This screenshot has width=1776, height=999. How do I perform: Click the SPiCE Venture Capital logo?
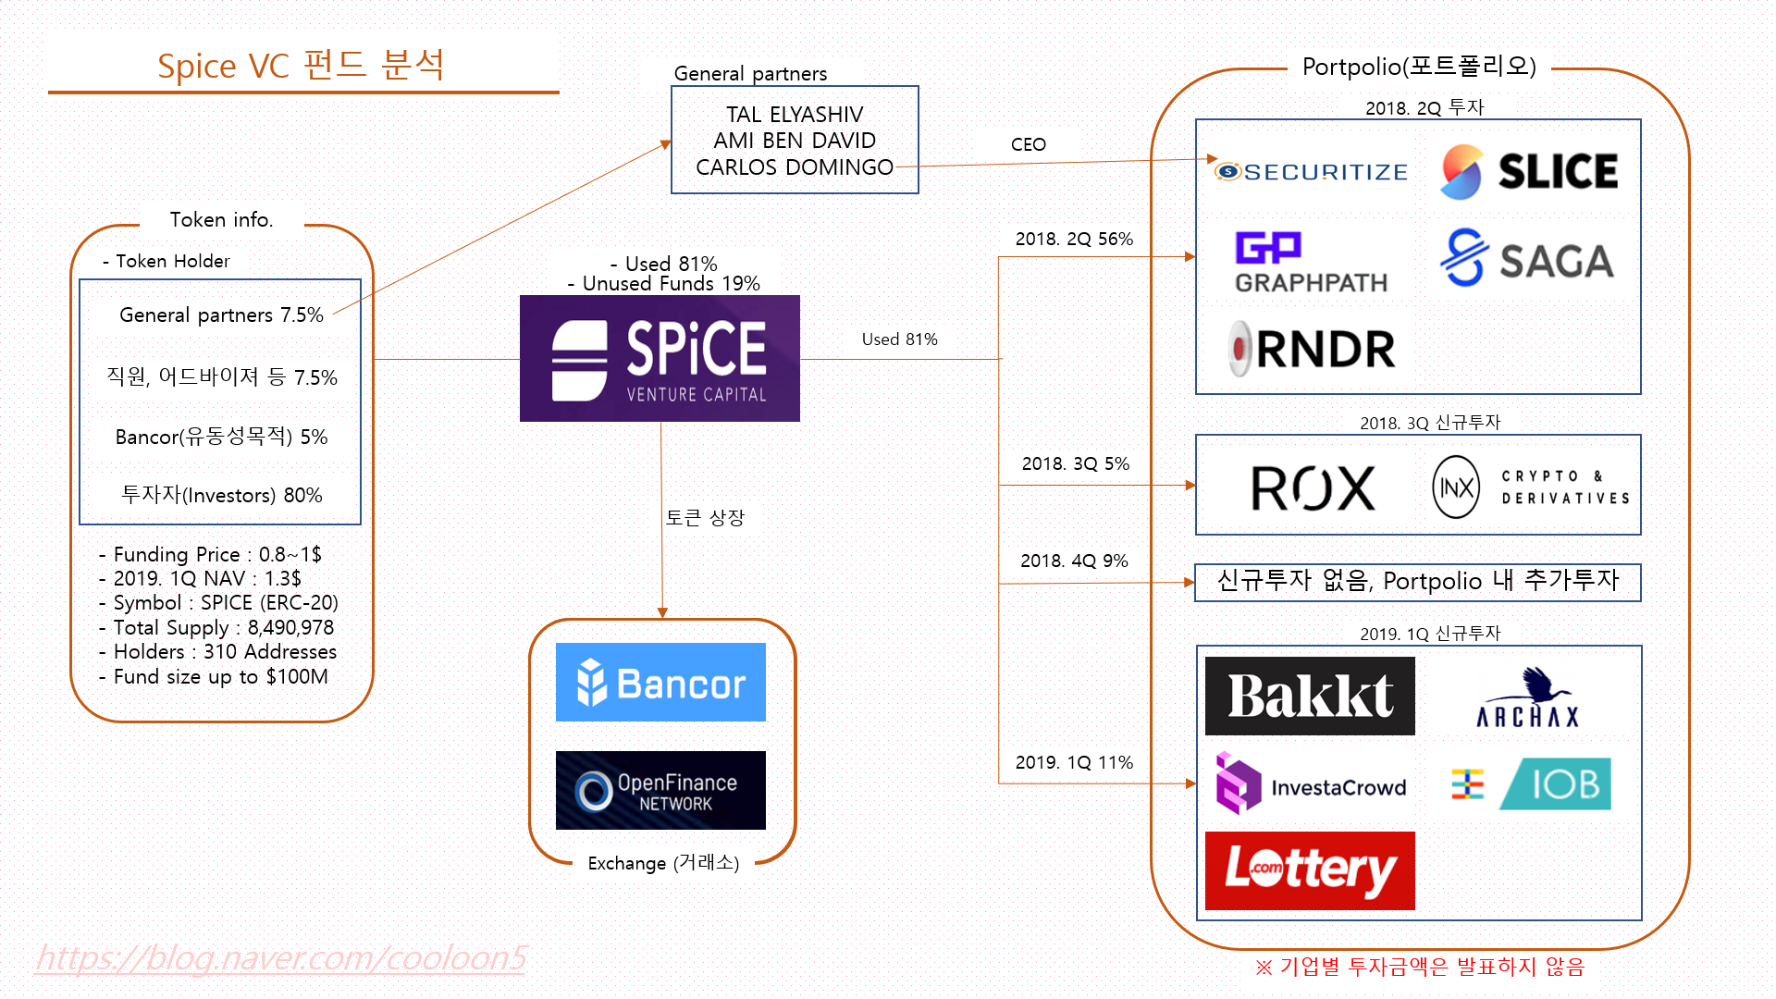[660, 359]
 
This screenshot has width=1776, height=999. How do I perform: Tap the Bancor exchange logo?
[660, 683]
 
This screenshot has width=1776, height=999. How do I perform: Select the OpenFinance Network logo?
[660, 791]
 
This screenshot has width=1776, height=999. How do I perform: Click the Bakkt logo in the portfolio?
[1310, 697]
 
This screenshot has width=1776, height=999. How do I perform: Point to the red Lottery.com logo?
[1310, 870]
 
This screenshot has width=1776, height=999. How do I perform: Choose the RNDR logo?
[1312, 350]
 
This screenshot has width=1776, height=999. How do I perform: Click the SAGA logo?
[1527, 259]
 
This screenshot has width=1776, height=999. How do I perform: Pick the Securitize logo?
[1312, 172]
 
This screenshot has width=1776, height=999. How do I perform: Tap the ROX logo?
[1313, 487]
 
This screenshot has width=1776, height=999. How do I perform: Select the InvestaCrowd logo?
[1312, 785]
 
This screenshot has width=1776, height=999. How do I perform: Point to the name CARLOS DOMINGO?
[794, 167]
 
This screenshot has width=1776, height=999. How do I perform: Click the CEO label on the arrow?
[1028, 144]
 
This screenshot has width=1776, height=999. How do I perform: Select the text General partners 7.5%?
[221, 315]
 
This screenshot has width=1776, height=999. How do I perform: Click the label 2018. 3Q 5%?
[1075, 463]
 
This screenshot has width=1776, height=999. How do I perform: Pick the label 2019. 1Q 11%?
[1074, 762]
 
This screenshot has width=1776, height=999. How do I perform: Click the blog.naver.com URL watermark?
[281, 958]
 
